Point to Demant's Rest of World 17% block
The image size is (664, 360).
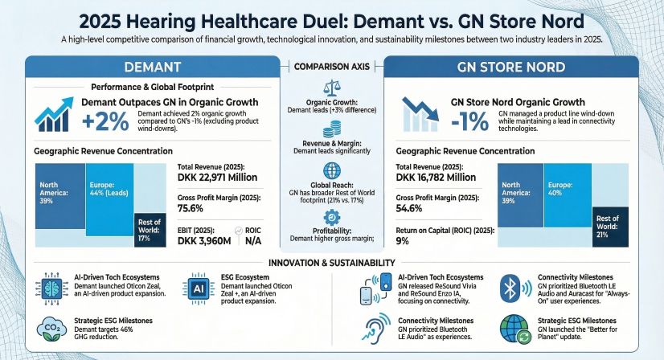click(x=149, y=228)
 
